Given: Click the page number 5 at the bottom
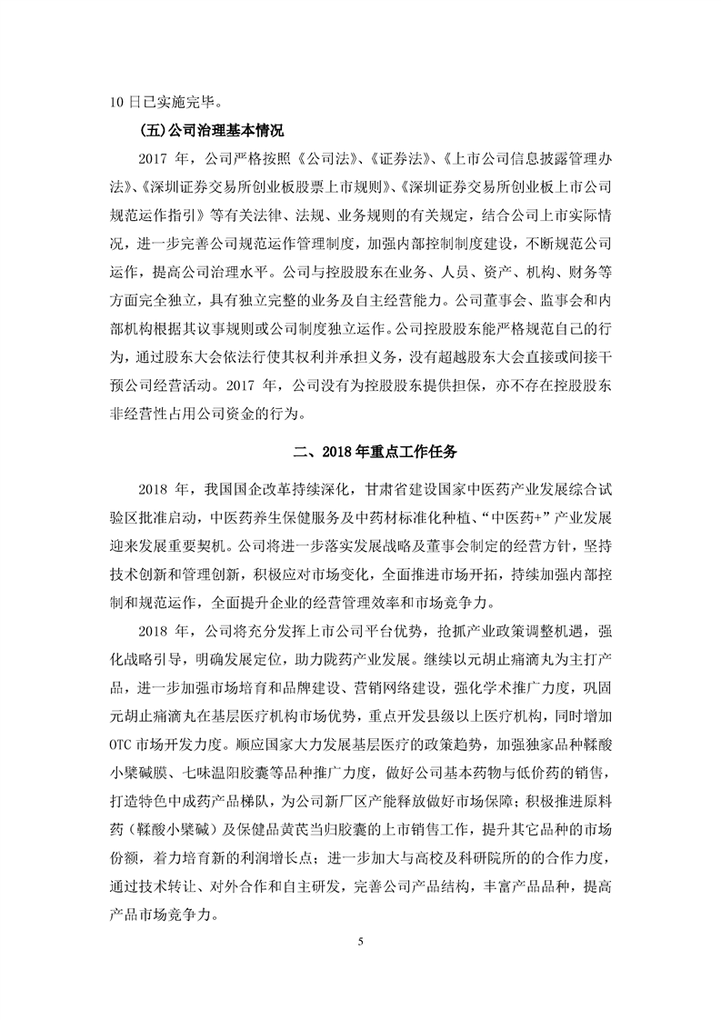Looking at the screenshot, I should [x=360, y=965].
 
